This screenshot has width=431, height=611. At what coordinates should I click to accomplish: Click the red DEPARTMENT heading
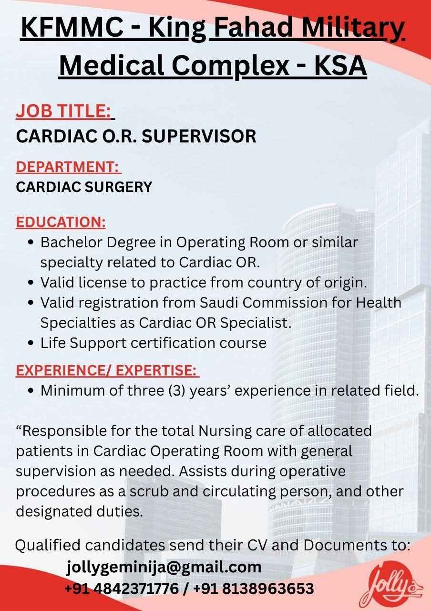tap(68, 167)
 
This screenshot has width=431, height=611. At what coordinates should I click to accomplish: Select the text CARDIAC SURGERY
tap(84, 187)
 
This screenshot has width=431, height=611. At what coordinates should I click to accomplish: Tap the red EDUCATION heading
tap(61, 222)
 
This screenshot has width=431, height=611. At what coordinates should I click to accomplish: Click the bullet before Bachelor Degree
tap(31, 243)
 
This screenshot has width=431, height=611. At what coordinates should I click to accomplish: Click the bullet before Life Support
tap(31, 343)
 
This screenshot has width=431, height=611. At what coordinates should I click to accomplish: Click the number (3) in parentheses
tap(176, 391)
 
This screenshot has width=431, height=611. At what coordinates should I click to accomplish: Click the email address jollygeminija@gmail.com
tap(164, 567)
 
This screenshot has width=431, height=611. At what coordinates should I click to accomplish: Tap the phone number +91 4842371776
tap(121, 588)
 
